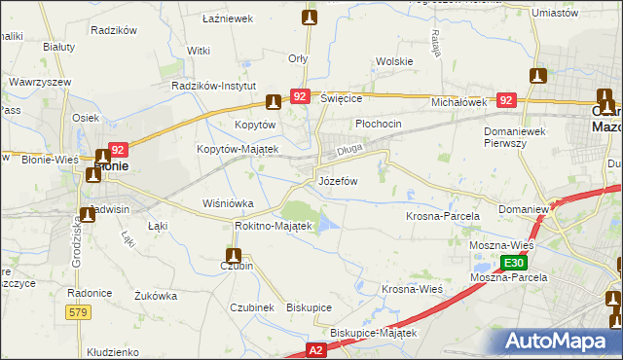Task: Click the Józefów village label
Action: click(339, 181)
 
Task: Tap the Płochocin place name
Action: click(378, 125)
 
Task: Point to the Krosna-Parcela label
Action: click(437, 215)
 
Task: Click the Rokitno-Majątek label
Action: click(273, 226)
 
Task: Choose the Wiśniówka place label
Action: click(227, 203)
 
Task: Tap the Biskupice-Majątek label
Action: click(373, 332)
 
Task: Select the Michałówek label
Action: click(458, 101)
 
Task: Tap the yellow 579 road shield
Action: click(80, 311)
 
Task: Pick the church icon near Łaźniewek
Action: click(310, 17)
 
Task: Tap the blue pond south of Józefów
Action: click(327, 224)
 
